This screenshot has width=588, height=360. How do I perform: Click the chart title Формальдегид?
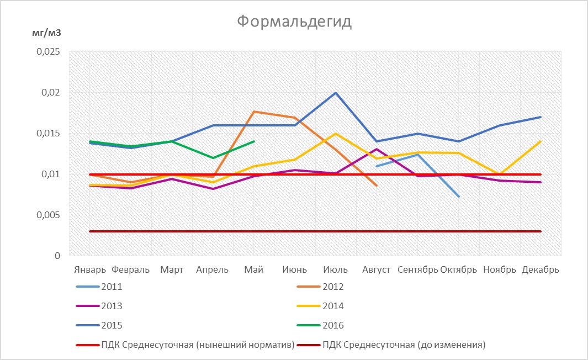[x=294, y=22]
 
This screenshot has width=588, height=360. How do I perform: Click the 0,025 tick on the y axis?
[x=48, y=52]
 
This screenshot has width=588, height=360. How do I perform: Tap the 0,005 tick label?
[x=48, y=215]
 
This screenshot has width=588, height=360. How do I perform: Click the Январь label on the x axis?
[x=90, y=270]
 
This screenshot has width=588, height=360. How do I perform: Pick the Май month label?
[x=254, y=270]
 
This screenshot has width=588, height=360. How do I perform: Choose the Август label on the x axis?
[x=377, y=270]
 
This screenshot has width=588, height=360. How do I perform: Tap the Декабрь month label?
[x=541, y=270]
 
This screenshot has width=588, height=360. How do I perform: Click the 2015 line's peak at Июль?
[x=336, y=93]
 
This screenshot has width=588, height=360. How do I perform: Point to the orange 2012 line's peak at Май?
[x=254, y=112]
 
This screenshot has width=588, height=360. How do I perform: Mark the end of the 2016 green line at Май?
[x=254, y=141]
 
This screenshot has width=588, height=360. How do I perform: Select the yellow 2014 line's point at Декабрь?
[x=541, y=141]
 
